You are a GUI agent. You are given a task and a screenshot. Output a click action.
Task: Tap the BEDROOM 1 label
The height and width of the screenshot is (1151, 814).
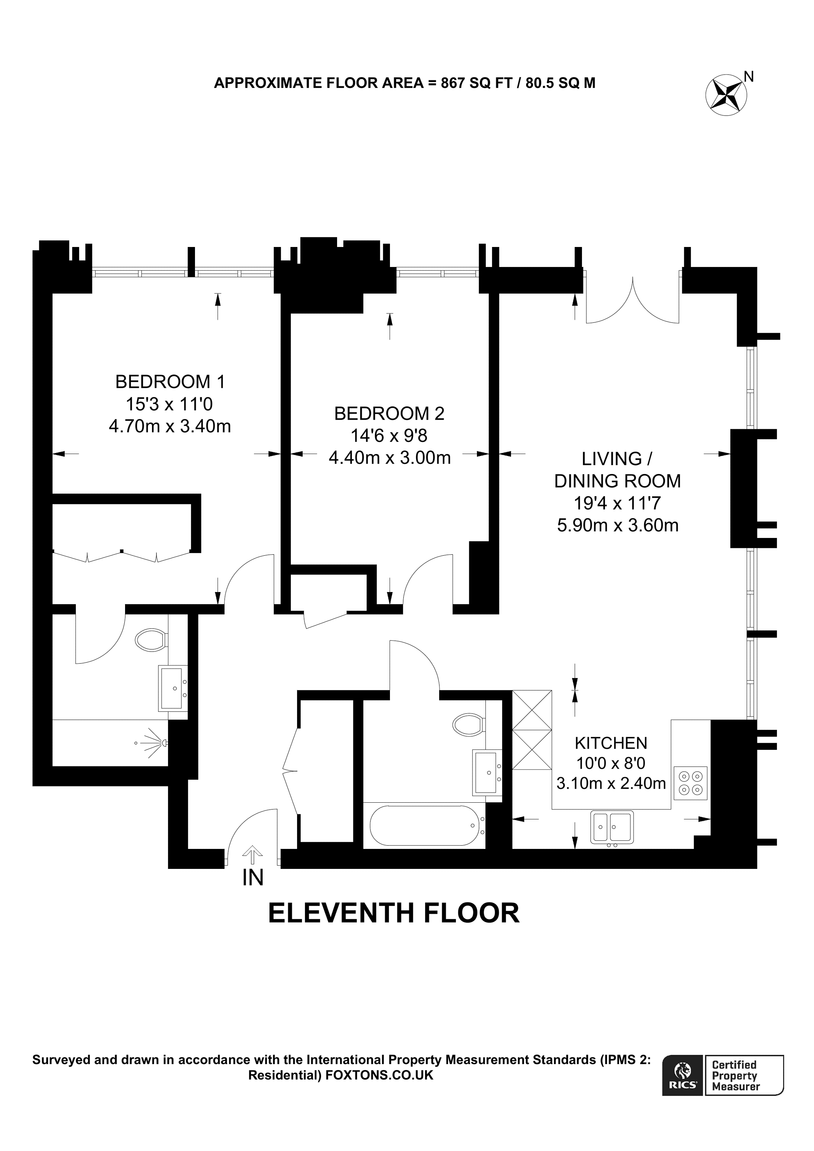tap(170, 382)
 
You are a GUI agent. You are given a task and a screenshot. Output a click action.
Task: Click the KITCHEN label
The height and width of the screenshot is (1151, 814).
tap(610, 742)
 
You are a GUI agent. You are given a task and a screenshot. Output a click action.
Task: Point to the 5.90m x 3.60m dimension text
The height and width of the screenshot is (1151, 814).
tap(618, 525)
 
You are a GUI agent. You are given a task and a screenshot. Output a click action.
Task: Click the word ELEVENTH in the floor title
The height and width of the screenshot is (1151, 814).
tap(342, 913)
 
